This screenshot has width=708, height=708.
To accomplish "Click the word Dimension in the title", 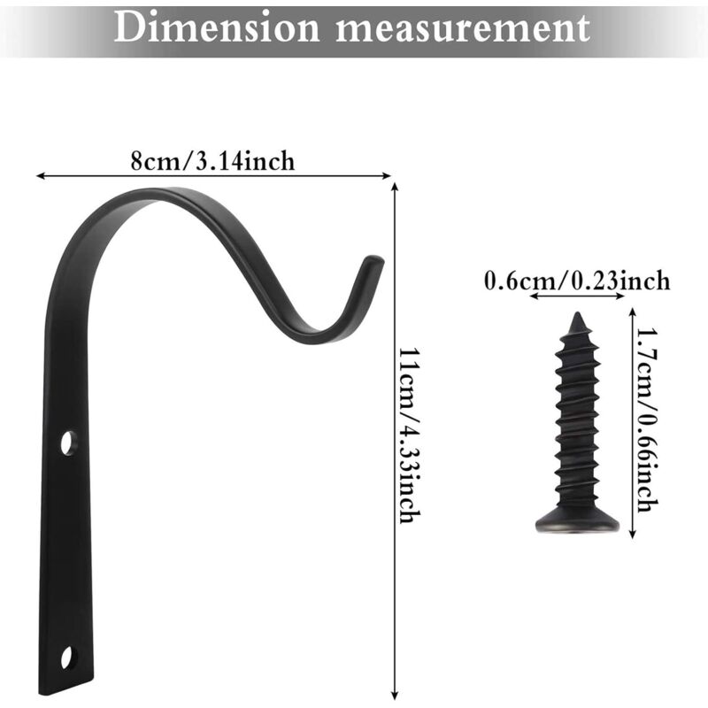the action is (217, 27).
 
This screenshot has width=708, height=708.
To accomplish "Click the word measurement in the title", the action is (464, 28).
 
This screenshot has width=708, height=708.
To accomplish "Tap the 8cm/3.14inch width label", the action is (212, 161).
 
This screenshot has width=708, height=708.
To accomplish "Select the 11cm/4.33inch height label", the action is (411, 435).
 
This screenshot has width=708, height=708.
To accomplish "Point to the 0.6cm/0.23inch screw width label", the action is (577, 281).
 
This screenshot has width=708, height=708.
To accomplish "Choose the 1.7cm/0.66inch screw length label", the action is (647, 419).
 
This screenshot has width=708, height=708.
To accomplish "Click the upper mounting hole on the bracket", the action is (69, 443).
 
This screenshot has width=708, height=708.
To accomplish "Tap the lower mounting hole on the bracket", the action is (67, 658).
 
